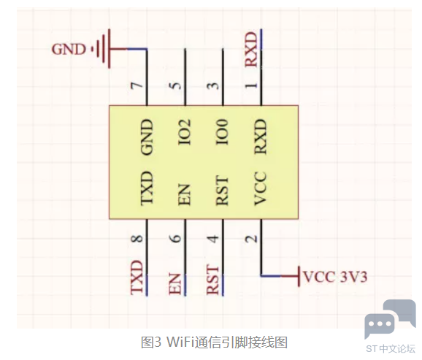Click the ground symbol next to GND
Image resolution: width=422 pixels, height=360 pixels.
[105, 49]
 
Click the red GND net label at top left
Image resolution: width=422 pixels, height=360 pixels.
[69, 50]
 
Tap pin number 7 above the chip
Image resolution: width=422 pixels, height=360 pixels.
[137, 86]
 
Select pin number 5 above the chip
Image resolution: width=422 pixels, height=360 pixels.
[175, 85]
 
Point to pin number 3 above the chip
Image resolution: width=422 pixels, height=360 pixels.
[213, 85]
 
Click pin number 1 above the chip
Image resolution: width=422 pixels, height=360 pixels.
[251, 85]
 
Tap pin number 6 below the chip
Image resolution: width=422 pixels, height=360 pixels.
[175, 239]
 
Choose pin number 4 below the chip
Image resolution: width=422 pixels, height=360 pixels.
[213, 239]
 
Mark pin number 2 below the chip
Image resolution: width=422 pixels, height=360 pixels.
[251, 239]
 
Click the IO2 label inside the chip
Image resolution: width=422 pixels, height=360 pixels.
[185, 132]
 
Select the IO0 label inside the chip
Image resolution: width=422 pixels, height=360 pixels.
[223, 132]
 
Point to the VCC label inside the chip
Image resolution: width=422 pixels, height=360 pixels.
[261, 188]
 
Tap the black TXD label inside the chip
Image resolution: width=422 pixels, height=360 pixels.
[147, 188]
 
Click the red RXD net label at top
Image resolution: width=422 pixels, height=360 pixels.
[251, 49]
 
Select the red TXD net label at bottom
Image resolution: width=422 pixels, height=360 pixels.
[137, 277]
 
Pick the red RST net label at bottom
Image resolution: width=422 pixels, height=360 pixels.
[212, 280]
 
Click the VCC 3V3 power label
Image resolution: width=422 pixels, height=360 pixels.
[335, 277]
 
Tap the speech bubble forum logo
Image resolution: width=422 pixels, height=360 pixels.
[390, 319]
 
